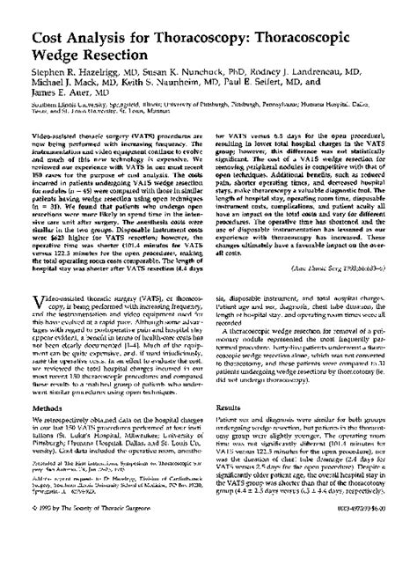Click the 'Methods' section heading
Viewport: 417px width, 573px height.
(x=48, y=432)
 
